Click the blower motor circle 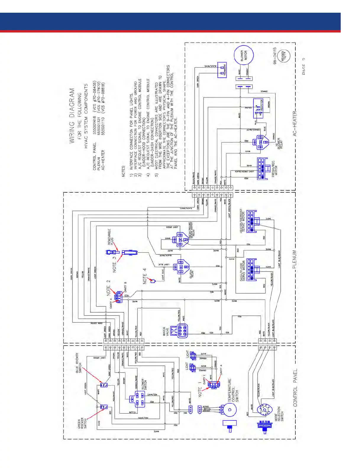244,56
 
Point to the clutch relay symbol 181,267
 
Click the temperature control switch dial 230,409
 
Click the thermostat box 222,70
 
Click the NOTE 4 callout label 145,276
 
